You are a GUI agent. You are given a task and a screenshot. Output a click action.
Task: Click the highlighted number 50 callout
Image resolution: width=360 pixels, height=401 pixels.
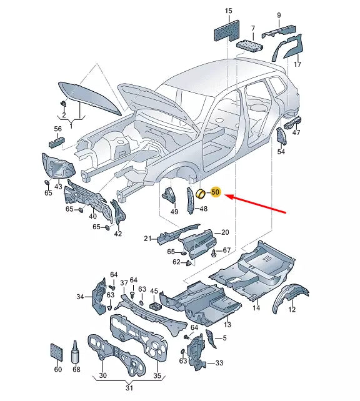[216, 192]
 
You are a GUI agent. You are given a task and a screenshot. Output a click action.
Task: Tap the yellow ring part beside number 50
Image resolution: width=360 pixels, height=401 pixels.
[201, 194]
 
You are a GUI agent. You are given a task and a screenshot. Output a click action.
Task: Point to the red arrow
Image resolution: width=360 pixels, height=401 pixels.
[255, 204]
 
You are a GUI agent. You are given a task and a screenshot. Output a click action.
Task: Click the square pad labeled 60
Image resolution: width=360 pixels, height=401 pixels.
[56, 352]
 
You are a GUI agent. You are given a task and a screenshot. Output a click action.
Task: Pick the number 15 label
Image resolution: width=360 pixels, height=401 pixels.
[229, 11]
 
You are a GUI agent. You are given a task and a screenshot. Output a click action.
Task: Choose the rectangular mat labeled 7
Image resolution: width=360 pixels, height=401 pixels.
[250, 46]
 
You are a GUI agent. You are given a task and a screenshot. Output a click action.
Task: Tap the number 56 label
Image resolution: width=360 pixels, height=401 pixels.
[58, 129]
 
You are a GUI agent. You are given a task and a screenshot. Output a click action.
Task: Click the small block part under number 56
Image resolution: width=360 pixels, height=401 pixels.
[56, 142]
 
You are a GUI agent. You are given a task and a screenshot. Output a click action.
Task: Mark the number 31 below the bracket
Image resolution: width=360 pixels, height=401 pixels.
[129, 388]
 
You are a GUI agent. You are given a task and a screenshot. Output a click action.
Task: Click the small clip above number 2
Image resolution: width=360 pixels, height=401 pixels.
[63, 104]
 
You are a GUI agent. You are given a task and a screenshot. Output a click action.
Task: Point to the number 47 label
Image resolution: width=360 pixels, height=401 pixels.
[296, 132]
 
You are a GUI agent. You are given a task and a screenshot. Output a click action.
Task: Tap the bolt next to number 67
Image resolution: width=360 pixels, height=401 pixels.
[214, 253]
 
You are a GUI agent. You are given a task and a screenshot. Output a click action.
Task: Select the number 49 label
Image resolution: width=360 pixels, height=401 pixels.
[174, 212]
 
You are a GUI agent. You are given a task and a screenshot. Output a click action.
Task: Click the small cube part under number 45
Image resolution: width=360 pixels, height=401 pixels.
[155, 305]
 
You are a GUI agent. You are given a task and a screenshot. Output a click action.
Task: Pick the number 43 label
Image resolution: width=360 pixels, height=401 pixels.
[58, 186]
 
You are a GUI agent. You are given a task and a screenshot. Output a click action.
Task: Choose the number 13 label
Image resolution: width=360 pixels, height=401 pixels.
[227, 325]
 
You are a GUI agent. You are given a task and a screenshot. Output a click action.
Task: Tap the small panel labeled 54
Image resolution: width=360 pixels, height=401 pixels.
[282, 136]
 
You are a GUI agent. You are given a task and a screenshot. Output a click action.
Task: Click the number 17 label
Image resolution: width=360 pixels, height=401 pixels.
[297, 64]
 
